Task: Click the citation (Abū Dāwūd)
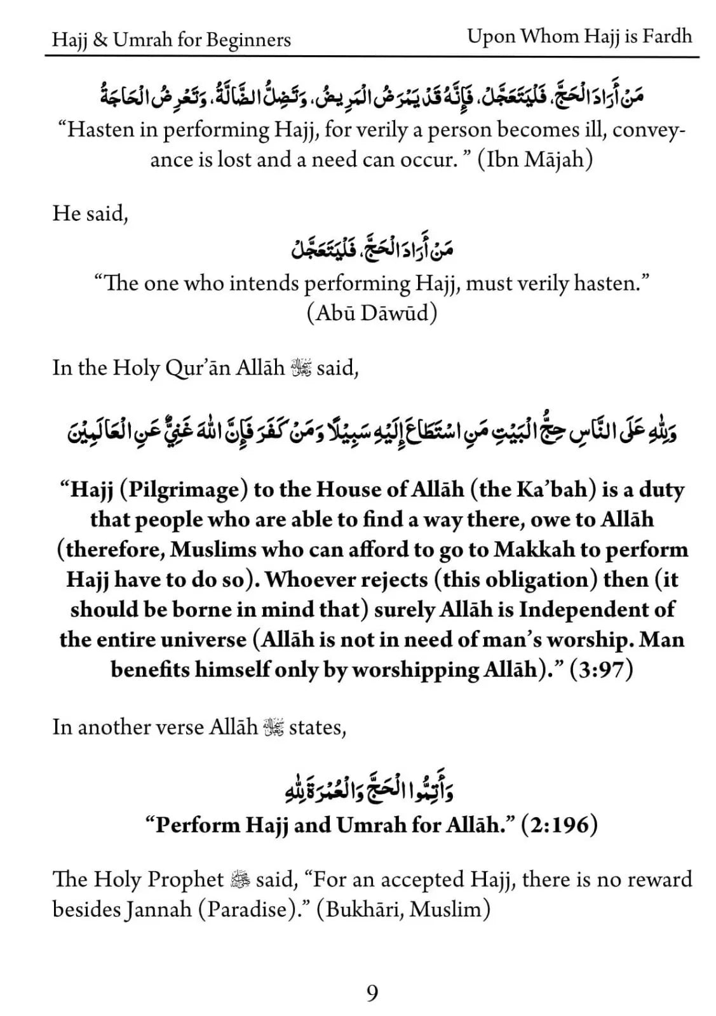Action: click(x=372, y=313)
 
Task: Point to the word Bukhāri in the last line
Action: click(x=359, y=910)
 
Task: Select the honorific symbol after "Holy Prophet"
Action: click(x=240, y=879)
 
